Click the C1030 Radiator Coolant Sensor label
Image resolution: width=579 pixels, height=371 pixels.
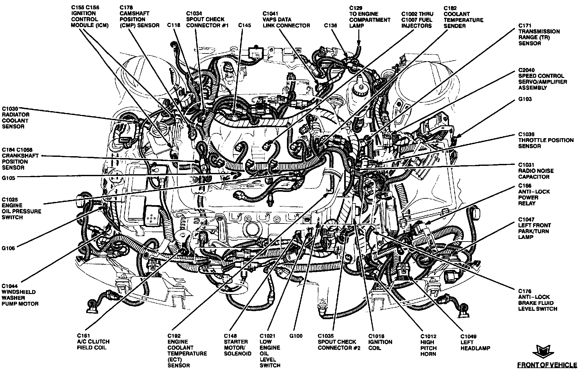coord(15,118)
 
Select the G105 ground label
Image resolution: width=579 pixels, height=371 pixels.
coord(8,177)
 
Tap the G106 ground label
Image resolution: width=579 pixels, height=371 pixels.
coord(8,248)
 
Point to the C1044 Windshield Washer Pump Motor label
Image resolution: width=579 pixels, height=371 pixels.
coord(20,295)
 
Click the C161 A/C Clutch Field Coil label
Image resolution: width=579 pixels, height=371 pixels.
coord(93,341)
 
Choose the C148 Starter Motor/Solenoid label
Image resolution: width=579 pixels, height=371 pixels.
coord(237,345)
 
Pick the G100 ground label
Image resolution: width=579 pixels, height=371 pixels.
coord(296,336)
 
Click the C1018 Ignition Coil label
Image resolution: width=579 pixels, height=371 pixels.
coord(380,342)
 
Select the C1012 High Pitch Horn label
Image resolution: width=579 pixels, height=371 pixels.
coord(428,345)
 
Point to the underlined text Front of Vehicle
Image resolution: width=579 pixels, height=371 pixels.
coord(547,365)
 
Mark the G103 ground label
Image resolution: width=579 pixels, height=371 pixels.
coord(525,99)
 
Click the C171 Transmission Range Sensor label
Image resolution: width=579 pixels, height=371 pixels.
coord(539,34)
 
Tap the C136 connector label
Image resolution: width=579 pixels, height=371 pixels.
coord(330,25)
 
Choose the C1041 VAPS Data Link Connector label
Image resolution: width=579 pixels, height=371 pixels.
coord(286,19)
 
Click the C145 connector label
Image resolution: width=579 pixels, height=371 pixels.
coord(244,25)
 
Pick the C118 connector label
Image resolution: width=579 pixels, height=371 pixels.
coord(173,25)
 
